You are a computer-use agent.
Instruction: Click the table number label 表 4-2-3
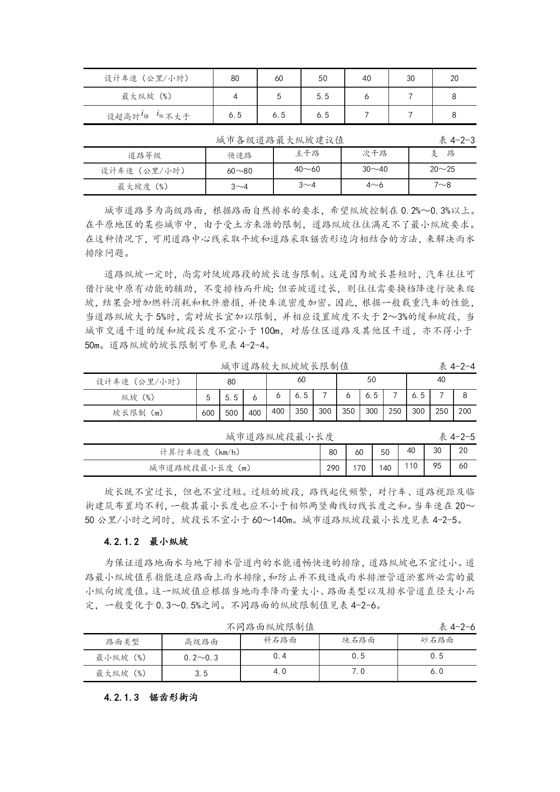pyautogui.click(x=457, y=140)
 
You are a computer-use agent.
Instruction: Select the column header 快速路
pyautogui.click(x=239, y=155)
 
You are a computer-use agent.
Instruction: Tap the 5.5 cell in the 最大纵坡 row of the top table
pyautogui.click(x=323, y=97)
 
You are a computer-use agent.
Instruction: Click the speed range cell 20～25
pyautogui.click(x=442, y=169)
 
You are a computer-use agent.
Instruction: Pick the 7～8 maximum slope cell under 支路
pyautogui.click(x=442, y=185)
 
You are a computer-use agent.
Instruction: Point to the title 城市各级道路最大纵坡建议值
pyautogui.click(x=280, y=140)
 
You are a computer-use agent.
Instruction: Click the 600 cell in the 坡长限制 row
pyautogui.click(x=208, y=413)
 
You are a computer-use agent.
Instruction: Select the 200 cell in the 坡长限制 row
pyautogui.click(x=464, y=411)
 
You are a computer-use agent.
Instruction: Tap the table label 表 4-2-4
pyautogui.click(x=457, y=366)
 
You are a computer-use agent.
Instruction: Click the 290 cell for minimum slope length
pyautogui.click(x=333, y=468)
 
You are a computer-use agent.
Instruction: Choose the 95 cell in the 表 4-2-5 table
pyautogui.click(x=437, y=466)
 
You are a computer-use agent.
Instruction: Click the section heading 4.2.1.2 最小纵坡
pyautogui.click(x=146, y=541)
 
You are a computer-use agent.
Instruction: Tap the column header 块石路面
pyautogui.click(x=358, y=640)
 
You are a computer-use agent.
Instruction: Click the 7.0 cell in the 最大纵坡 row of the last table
pyautogui.click(x=358, y=671)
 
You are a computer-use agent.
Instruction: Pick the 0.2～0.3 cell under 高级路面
pyautogui.click(x=201, y=657)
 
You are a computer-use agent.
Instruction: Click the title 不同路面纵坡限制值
pyautogui.click(x=270, y=627)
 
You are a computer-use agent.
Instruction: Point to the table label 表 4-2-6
pyautogui.click(x=457, y=627)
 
